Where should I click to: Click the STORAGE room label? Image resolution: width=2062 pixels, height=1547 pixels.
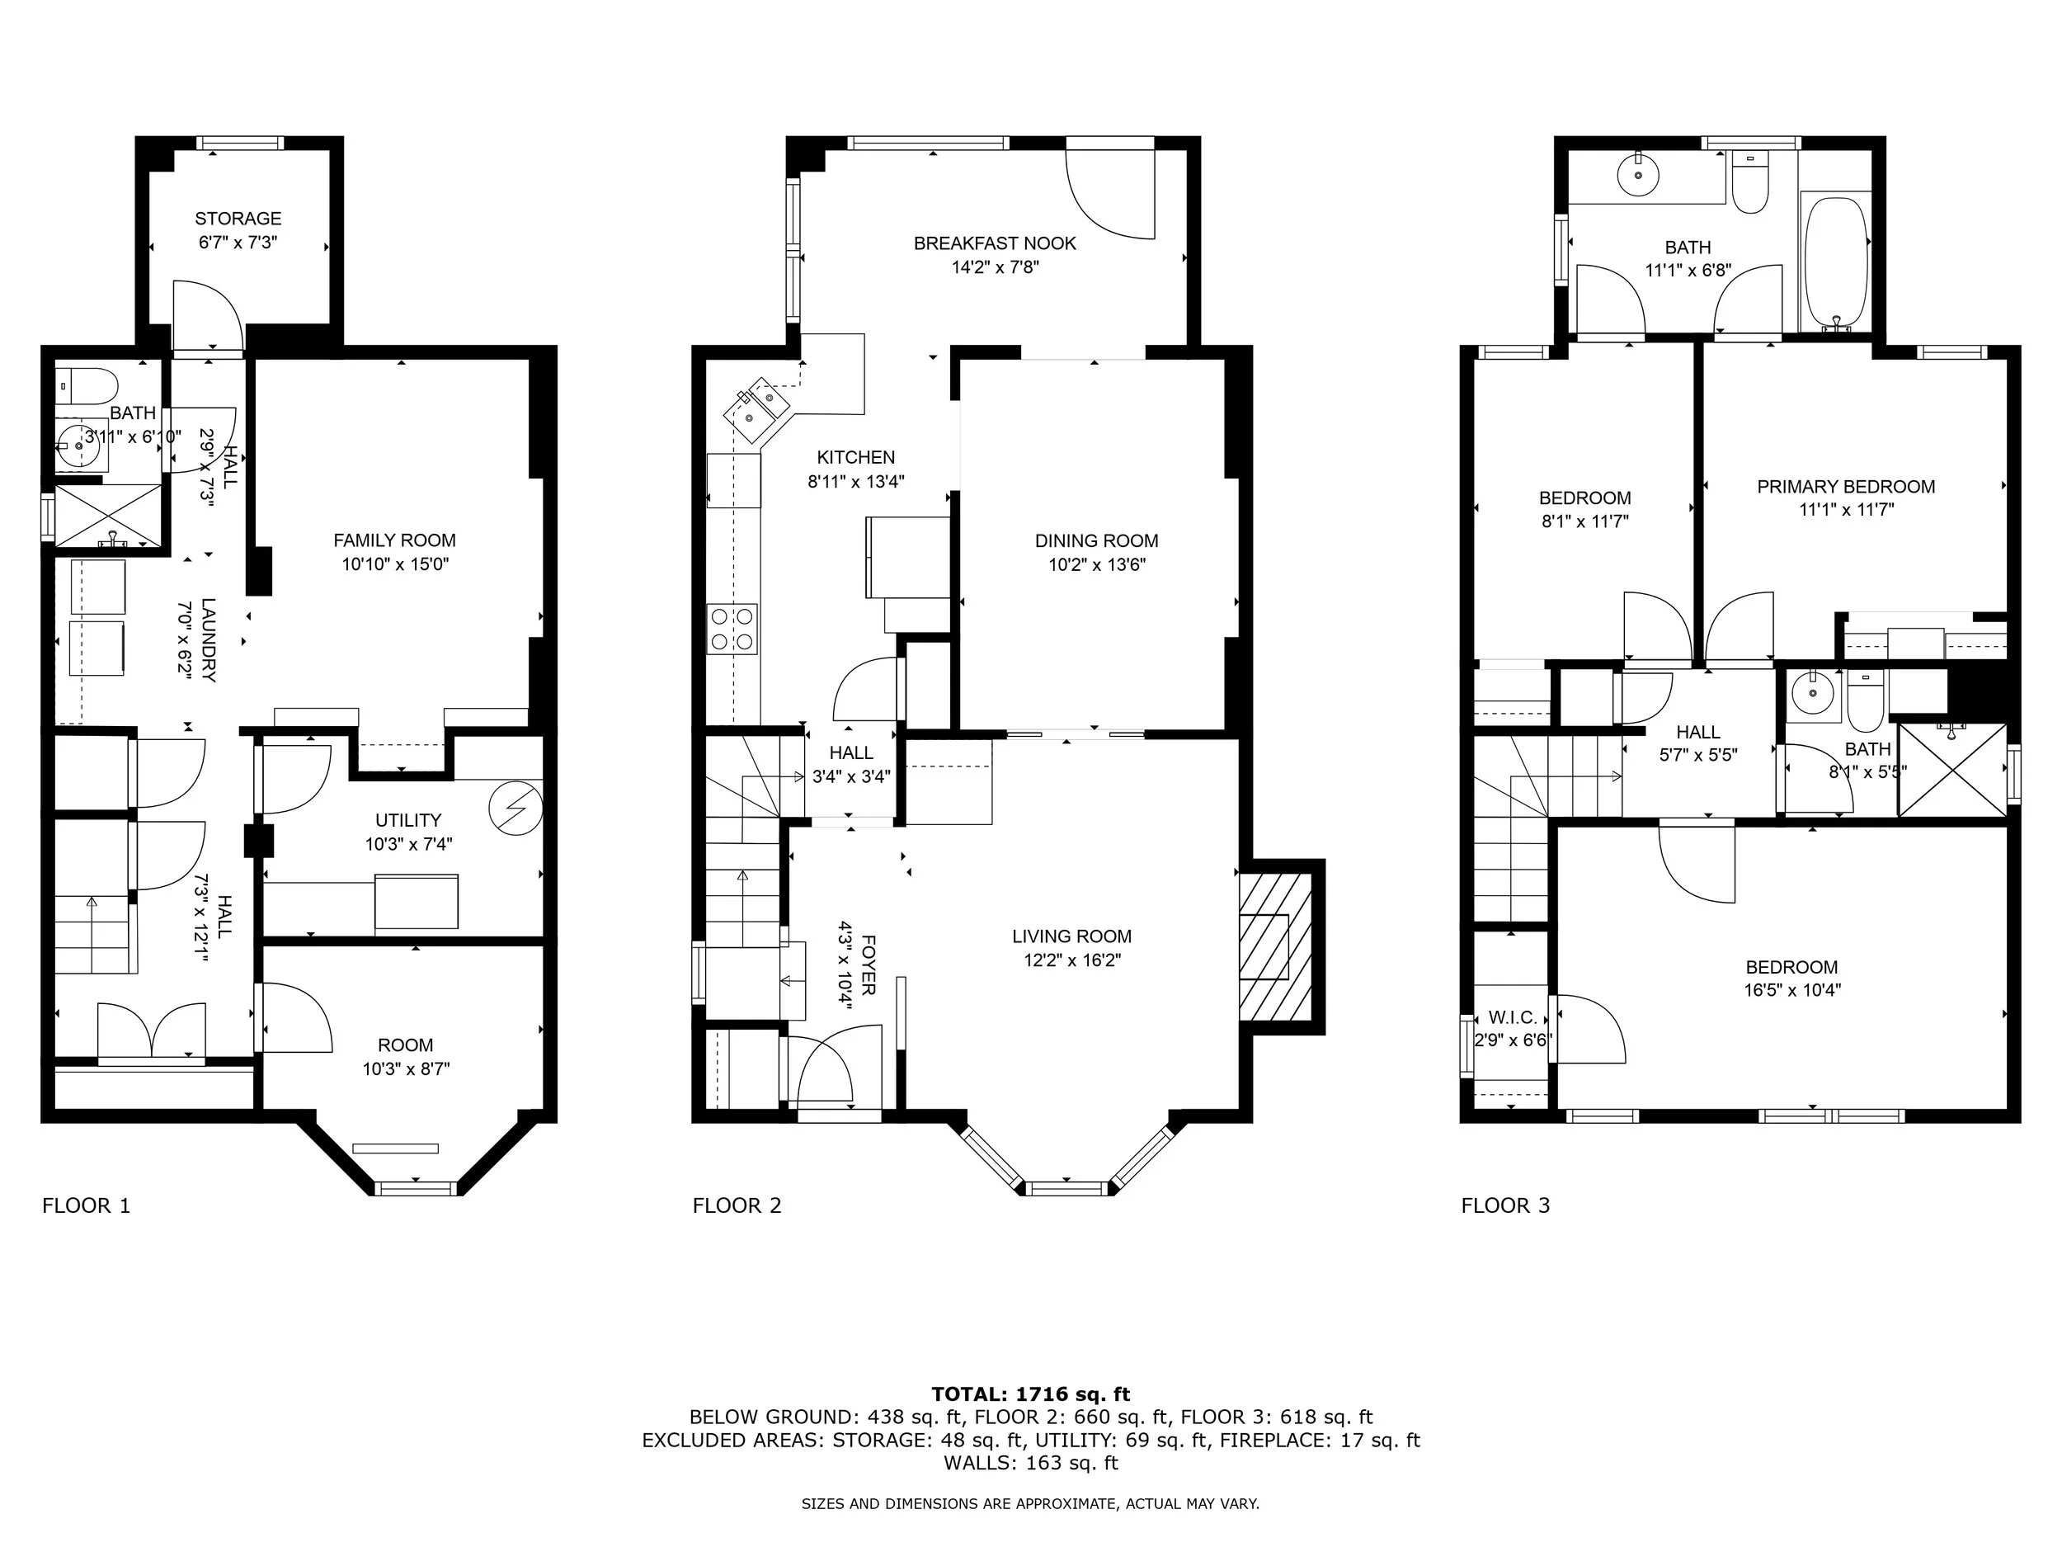tap(238, 218)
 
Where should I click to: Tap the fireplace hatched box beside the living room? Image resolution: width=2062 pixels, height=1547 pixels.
tap(1275, 947)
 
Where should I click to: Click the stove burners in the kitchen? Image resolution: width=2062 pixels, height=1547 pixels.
tap(732, 629)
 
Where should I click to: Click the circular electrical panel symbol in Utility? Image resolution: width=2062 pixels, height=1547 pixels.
tap(515, 804)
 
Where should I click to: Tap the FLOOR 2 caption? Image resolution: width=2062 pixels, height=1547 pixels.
tap(737, 1205)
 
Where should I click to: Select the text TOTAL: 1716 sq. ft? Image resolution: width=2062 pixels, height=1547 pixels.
tap(1030, 1394)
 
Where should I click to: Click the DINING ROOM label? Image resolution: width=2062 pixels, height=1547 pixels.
tap(1096, 541)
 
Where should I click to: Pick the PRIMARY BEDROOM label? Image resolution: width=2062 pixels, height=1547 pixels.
tap(1846, 487)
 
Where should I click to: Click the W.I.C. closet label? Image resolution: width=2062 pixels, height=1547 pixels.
tap(1512, 1017)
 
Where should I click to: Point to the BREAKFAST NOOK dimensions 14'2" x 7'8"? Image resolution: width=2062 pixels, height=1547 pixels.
tap(995, 267)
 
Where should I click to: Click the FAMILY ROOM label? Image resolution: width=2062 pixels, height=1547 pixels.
tap(394, 540)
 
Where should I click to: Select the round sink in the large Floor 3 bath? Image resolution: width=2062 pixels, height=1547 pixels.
tap(1637, 175)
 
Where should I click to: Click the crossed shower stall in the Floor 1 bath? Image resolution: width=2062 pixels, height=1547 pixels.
tap(108, 515)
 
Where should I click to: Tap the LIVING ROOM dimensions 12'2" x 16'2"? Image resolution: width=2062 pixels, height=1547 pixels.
tap(1072, 960)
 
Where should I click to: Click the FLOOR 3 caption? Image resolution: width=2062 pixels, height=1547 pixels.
tap(1505, 1205)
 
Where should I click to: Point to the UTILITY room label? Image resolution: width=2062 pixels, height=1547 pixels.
tap(408, 819)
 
